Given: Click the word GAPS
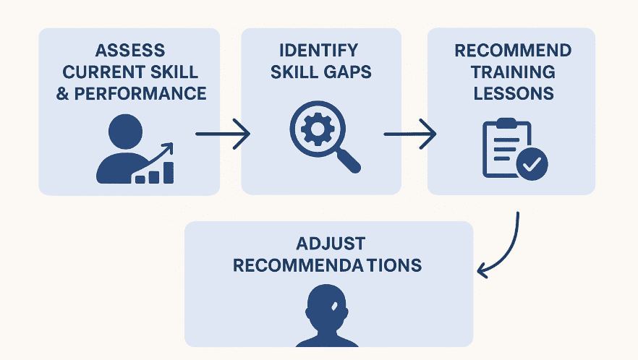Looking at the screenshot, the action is coord(349,72).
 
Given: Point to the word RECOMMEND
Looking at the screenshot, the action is coord(512,51).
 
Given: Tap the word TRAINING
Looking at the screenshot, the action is coord(512,72).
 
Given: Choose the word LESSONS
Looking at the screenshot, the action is coord(512,93).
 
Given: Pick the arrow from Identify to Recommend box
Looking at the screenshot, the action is coord(410,134).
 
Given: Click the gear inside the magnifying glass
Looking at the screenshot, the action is coord(316,129).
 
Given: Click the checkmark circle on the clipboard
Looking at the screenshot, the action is coord(533,165).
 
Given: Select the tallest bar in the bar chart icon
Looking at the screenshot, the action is coord(169,172).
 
